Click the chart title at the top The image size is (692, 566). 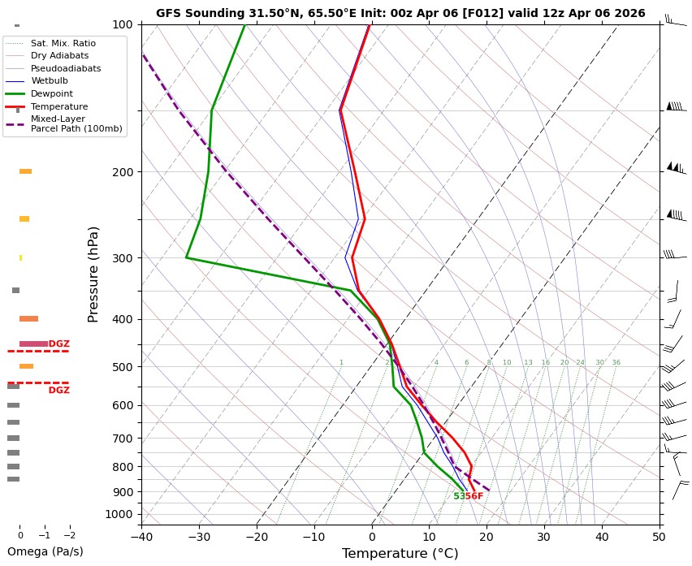click(400, 13)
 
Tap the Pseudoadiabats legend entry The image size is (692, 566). click(66, 68)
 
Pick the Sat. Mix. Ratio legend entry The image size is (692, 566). click(63, 42)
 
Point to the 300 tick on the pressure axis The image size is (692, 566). click(123, 258)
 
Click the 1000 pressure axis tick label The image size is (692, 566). click(119, 514)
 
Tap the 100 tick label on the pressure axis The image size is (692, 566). click(123, 24)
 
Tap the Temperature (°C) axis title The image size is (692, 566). click(400, 554)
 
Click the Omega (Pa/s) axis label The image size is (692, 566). click(45, 552)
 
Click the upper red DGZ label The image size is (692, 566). click(59, 344)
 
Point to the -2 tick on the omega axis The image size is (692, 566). click(69, 536)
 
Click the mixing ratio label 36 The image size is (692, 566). click(616, 363)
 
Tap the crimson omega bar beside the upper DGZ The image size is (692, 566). click(33, 344)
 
